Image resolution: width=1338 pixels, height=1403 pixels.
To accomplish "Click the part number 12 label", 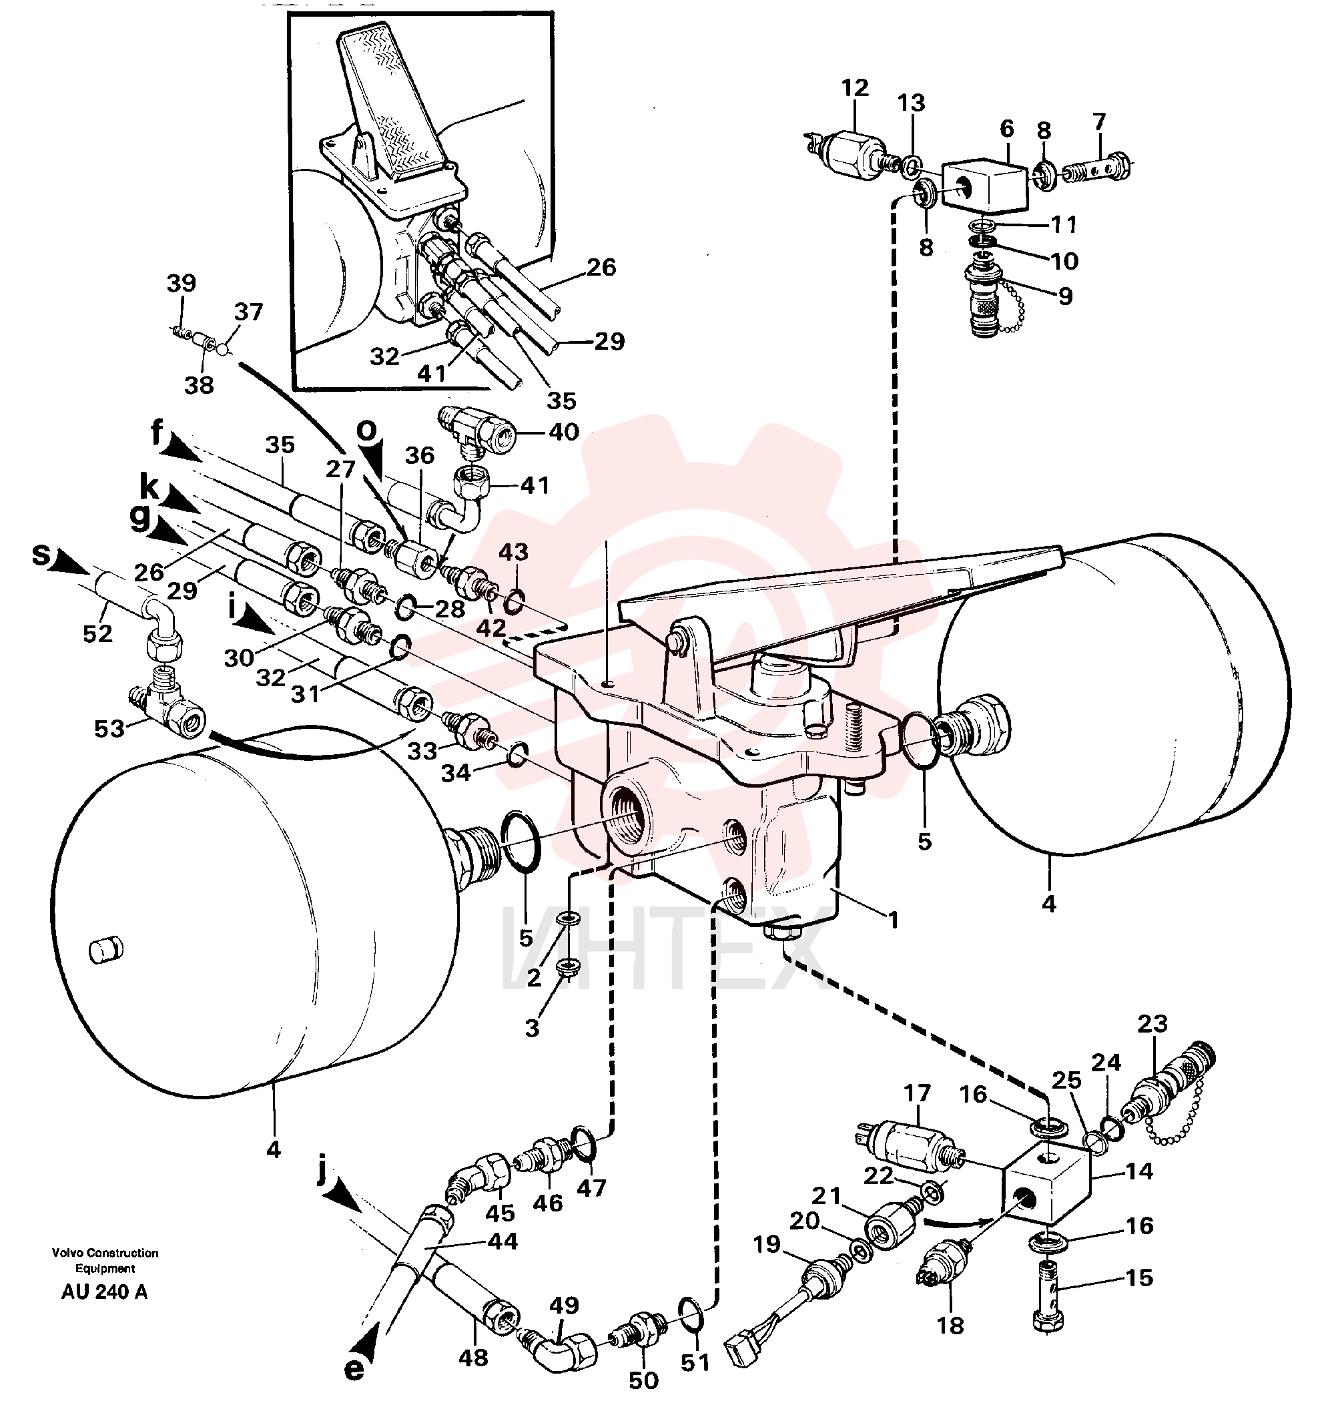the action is [x=854, y=89].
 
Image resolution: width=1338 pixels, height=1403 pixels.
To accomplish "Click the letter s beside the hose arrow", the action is [x=42, y=554].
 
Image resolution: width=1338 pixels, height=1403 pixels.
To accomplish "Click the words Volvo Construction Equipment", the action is [x=105, y=1260].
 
